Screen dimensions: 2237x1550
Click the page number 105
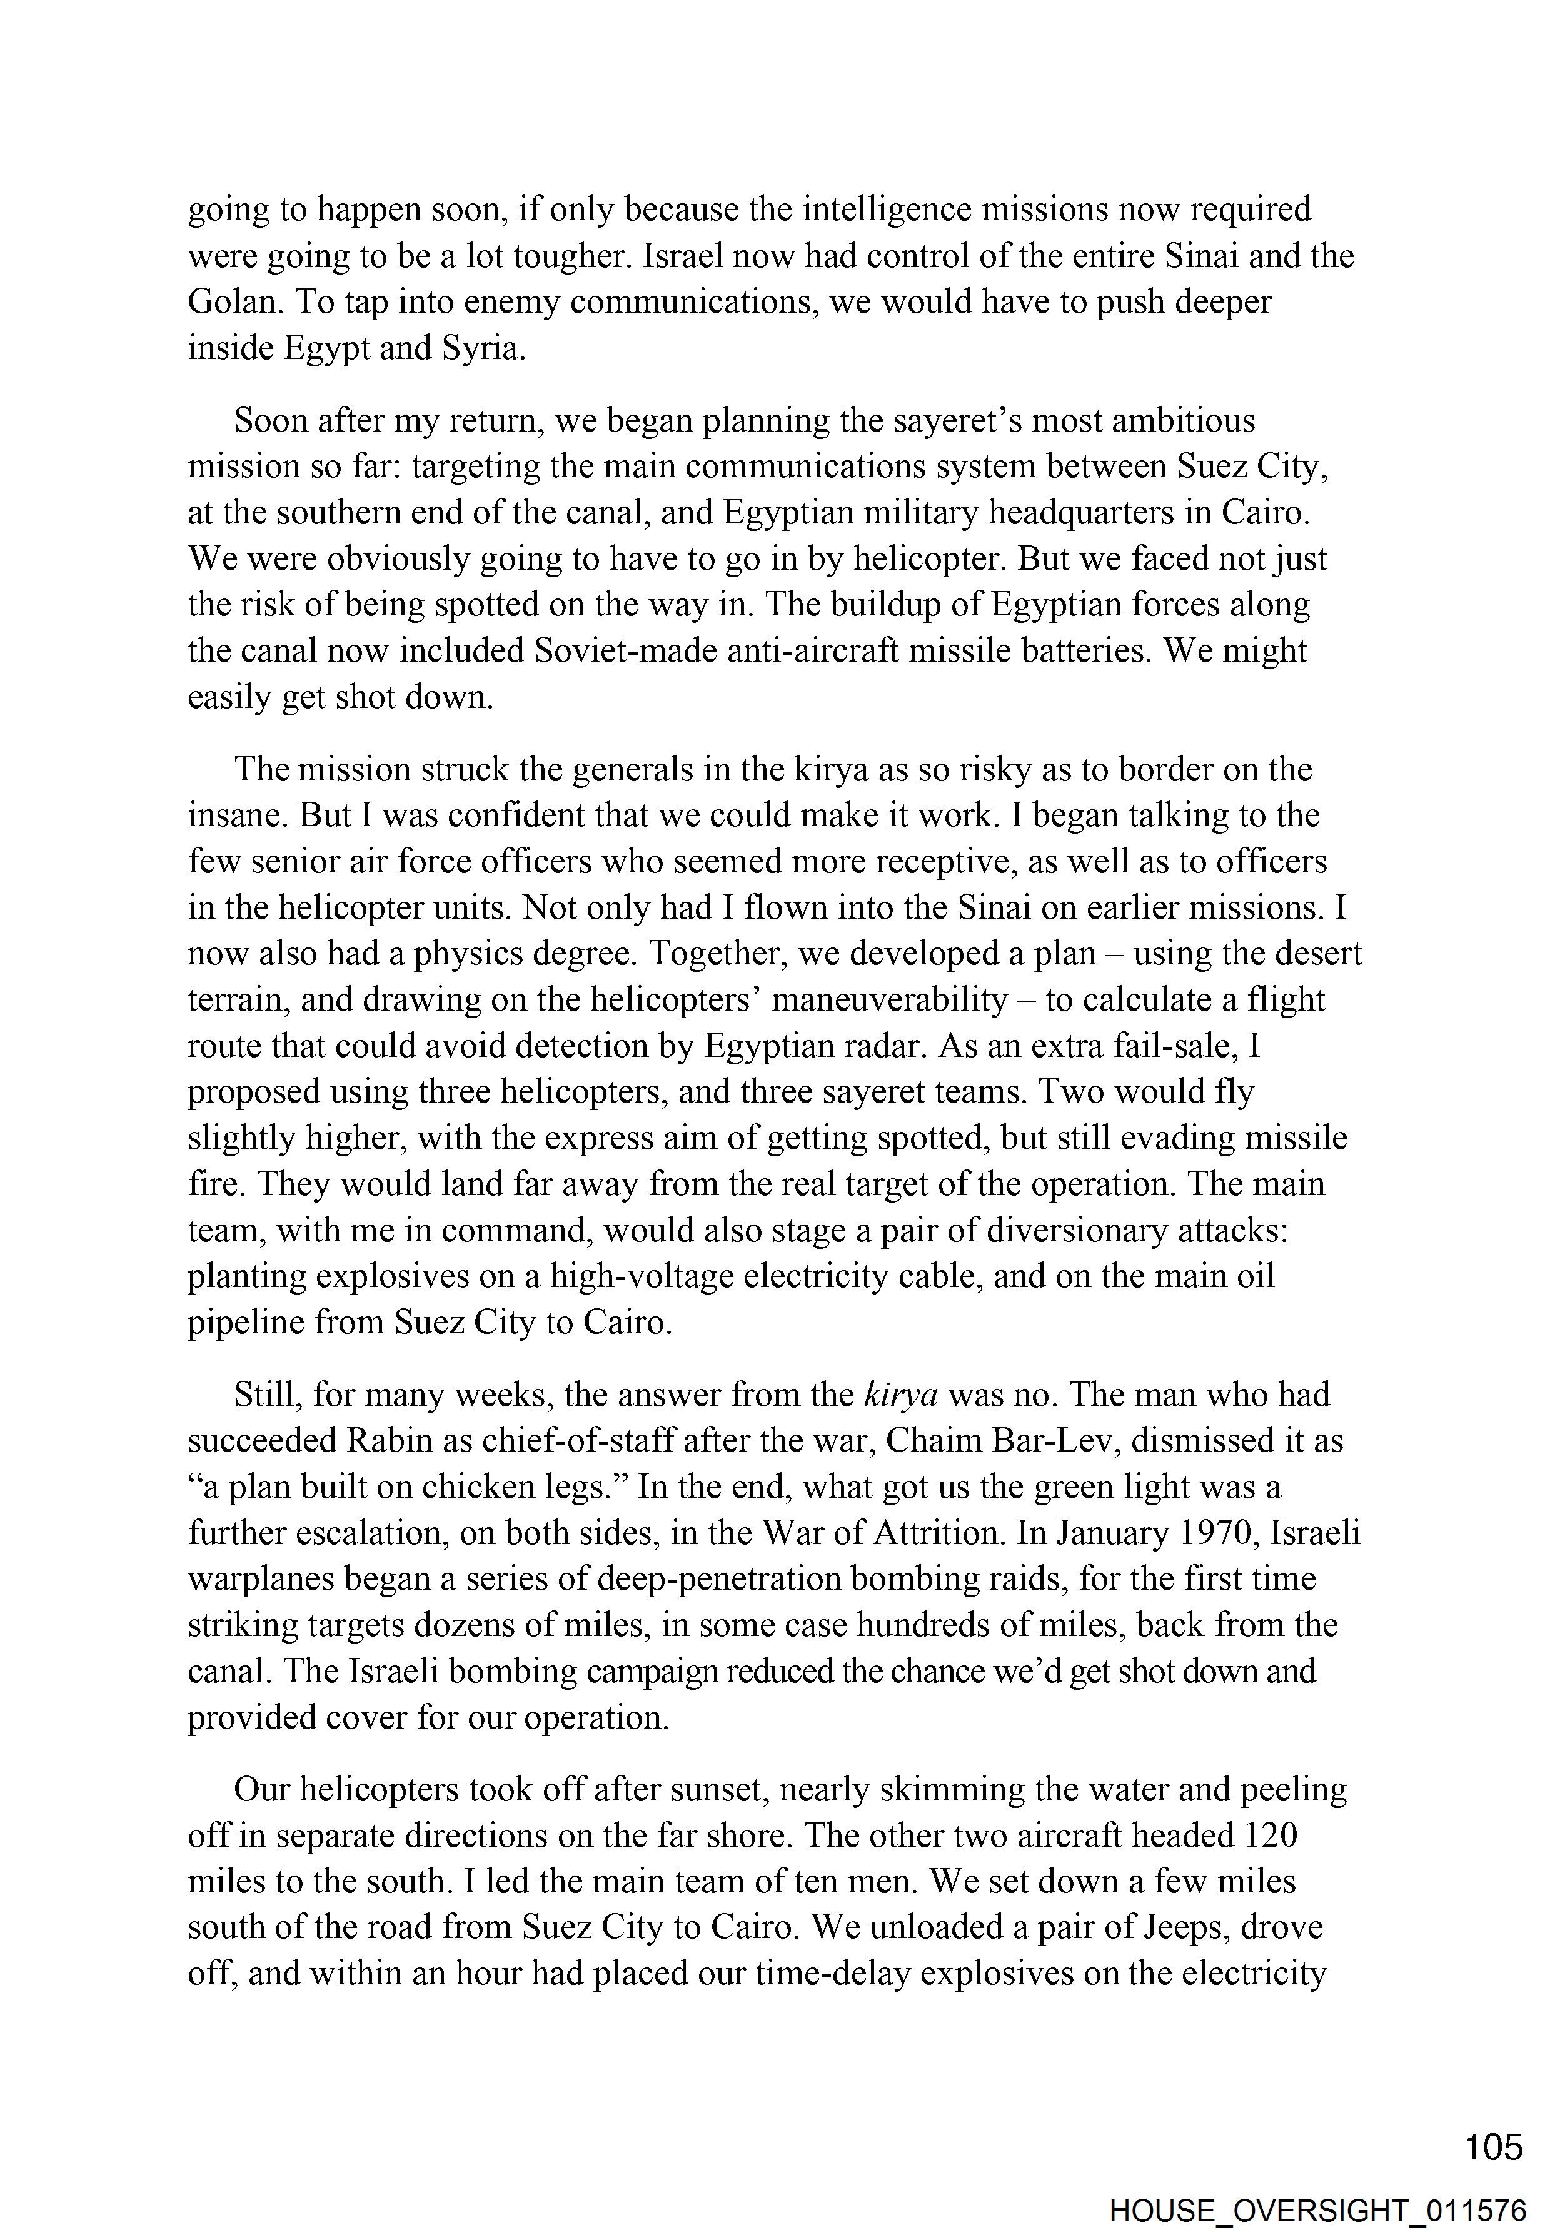coord(1494,2146)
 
